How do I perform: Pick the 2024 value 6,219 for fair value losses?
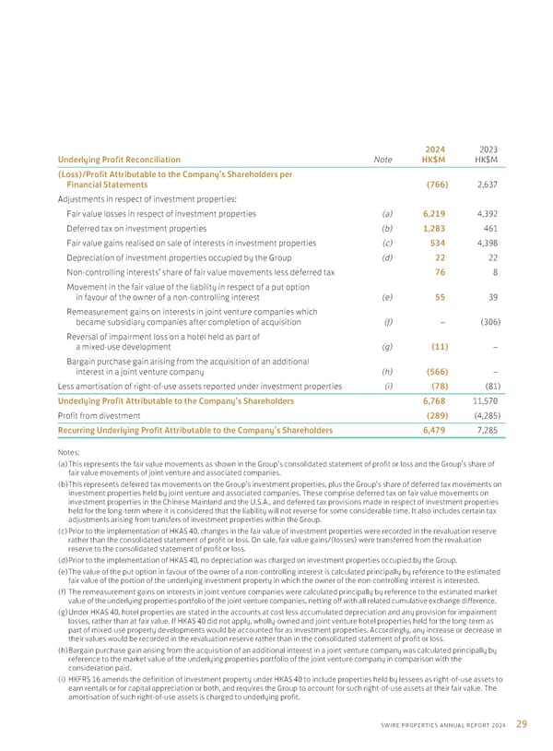tap(433, 213)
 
